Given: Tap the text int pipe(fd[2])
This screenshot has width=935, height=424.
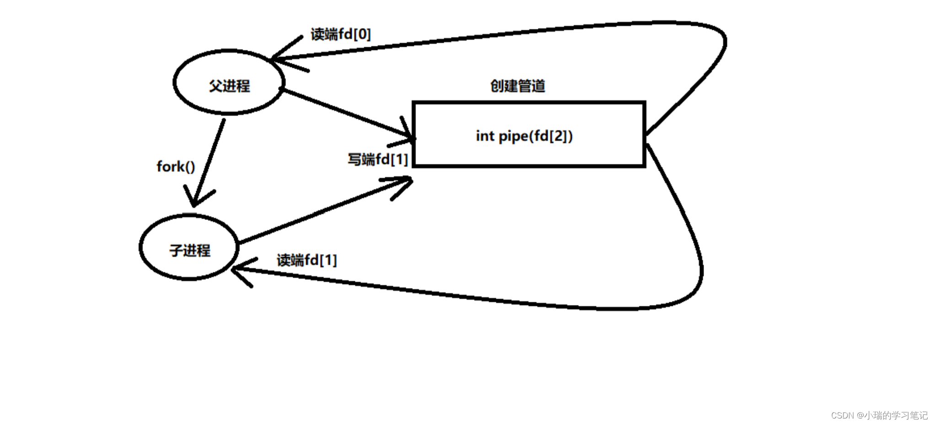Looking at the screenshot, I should [524, 136].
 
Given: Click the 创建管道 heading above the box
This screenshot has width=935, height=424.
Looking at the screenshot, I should [517, 86].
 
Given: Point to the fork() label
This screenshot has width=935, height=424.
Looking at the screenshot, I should [176, 166].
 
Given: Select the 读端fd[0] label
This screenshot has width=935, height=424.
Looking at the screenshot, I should [341, 34].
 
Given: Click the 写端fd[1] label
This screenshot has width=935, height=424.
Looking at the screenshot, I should [377, 159].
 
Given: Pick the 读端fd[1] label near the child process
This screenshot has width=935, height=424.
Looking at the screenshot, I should [306, 260].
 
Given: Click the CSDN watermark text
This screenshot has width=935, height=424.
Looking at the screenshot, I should [879, 415].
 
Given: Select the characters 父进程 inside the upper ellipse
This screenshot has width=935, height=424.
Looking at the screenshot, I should [229, 86].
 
